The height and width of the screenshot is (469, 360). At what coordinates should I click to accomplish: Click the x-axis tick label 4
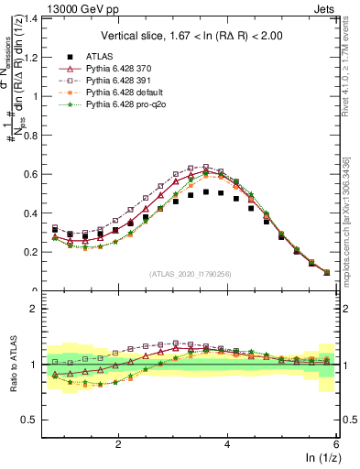pos(228,443)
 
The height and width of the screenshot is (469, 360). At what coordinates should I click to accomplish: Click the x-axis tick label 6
pos(336,443)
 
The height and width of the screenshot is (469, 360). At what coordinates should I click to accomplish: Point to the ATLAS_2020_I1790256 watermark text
pos(191,274)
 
